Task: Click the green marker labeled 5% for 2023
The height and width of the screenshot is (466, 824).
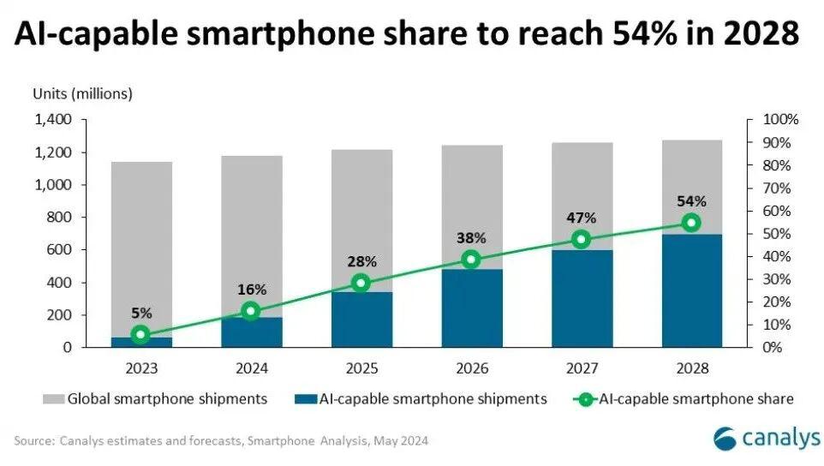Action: [x=141, y=335]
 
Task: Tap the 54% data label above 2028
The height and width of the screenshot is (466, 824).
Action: [x=691, y=201]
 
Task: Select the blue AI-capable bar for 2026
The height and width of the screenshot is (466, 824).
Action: [x=471, y=308]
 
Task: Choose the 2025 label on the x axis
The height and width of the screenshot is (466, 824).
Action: [x=361, y=368]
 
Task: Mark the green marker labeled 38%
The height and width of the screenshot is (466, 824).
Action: [x=471, y=260]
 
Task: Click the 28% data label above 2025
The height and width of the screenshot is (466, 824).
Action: [x=361, y=260]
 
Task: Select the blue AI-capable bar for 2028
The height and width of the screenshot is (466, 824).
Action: [x=691, y=290]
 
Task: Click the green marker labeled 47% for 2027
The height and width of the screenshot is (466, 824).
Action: [x=582, y=239]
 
